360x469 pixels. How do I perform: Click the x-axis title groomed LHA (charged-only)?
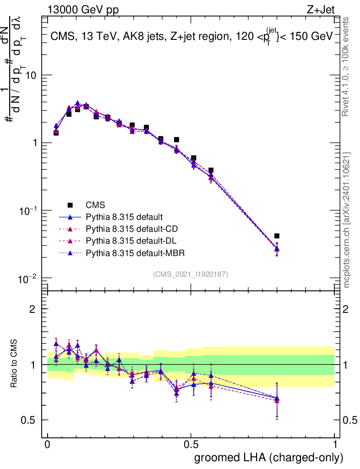[x=269, y=458]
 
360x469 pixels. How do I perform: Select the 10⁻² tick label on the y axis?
[x=28, y=278]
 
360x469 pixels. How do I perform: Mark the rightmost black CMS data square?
[x=277, y=236]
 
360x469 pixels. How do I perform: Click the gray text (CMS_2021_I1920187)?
[x=191, y=274]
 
